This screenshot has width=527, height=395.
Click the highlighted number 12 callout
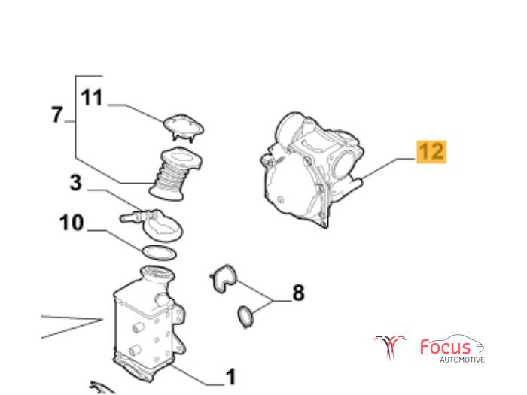(431, 152)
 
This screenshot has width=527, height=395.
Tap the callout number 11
(91, 97)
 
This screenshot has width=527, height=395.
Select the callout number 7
(57, 114)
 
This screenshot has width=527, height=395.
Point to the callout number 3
(75, 183)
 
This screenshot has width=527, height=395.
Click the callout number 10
(72, 223)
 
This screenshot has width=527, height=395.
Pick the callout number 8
(298, 293)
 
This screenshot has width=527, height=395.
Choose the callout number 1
(230, 377)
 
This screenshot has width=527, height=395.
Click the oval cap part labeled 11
(184, 128)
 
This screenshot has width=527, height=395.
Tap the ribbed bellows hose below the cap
(175, 174)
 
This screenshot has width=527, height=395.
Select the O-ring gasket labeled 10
(160, 253)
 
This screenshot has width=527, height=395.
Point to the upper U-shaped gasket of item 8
(224, 278)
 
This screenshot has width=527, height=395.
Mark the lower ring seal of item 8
(245, 317)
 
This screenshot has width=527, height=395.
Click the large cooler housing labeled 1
(149, 324)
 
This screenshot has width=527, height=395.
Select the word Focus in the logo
(446, 347)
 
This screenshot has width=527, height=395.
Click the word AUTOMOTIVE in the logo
(462, 360)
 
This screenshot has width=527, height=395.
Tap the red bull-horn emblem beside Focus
(390, 347)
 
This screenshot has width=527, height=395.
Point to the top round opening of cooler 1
(157, 272)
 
